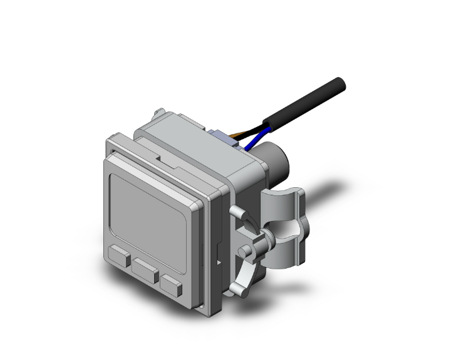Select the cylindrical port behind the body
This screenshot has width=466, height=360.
pos(274,162)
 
